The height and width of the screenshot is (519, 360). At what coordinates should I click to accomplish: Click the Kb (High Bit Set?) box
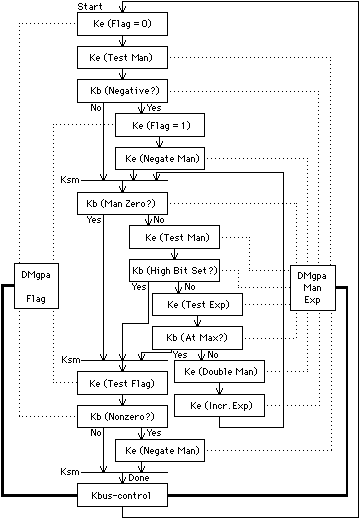click(x=175, y=271)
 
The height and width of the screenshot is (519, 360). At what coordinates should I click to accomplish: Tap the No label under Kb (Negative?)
click(x=96, y=108)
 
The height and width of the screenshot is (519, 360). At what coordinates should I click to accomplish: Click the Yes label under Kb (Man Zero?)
click(x=93, y=220)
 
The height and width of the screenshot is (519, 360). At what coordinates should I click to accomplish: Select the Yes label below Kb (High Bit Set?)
click(x=139, y=287)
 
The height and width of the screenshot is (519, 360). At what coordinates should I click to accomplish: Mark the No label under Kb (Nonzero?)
click(x=96, y=432)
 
